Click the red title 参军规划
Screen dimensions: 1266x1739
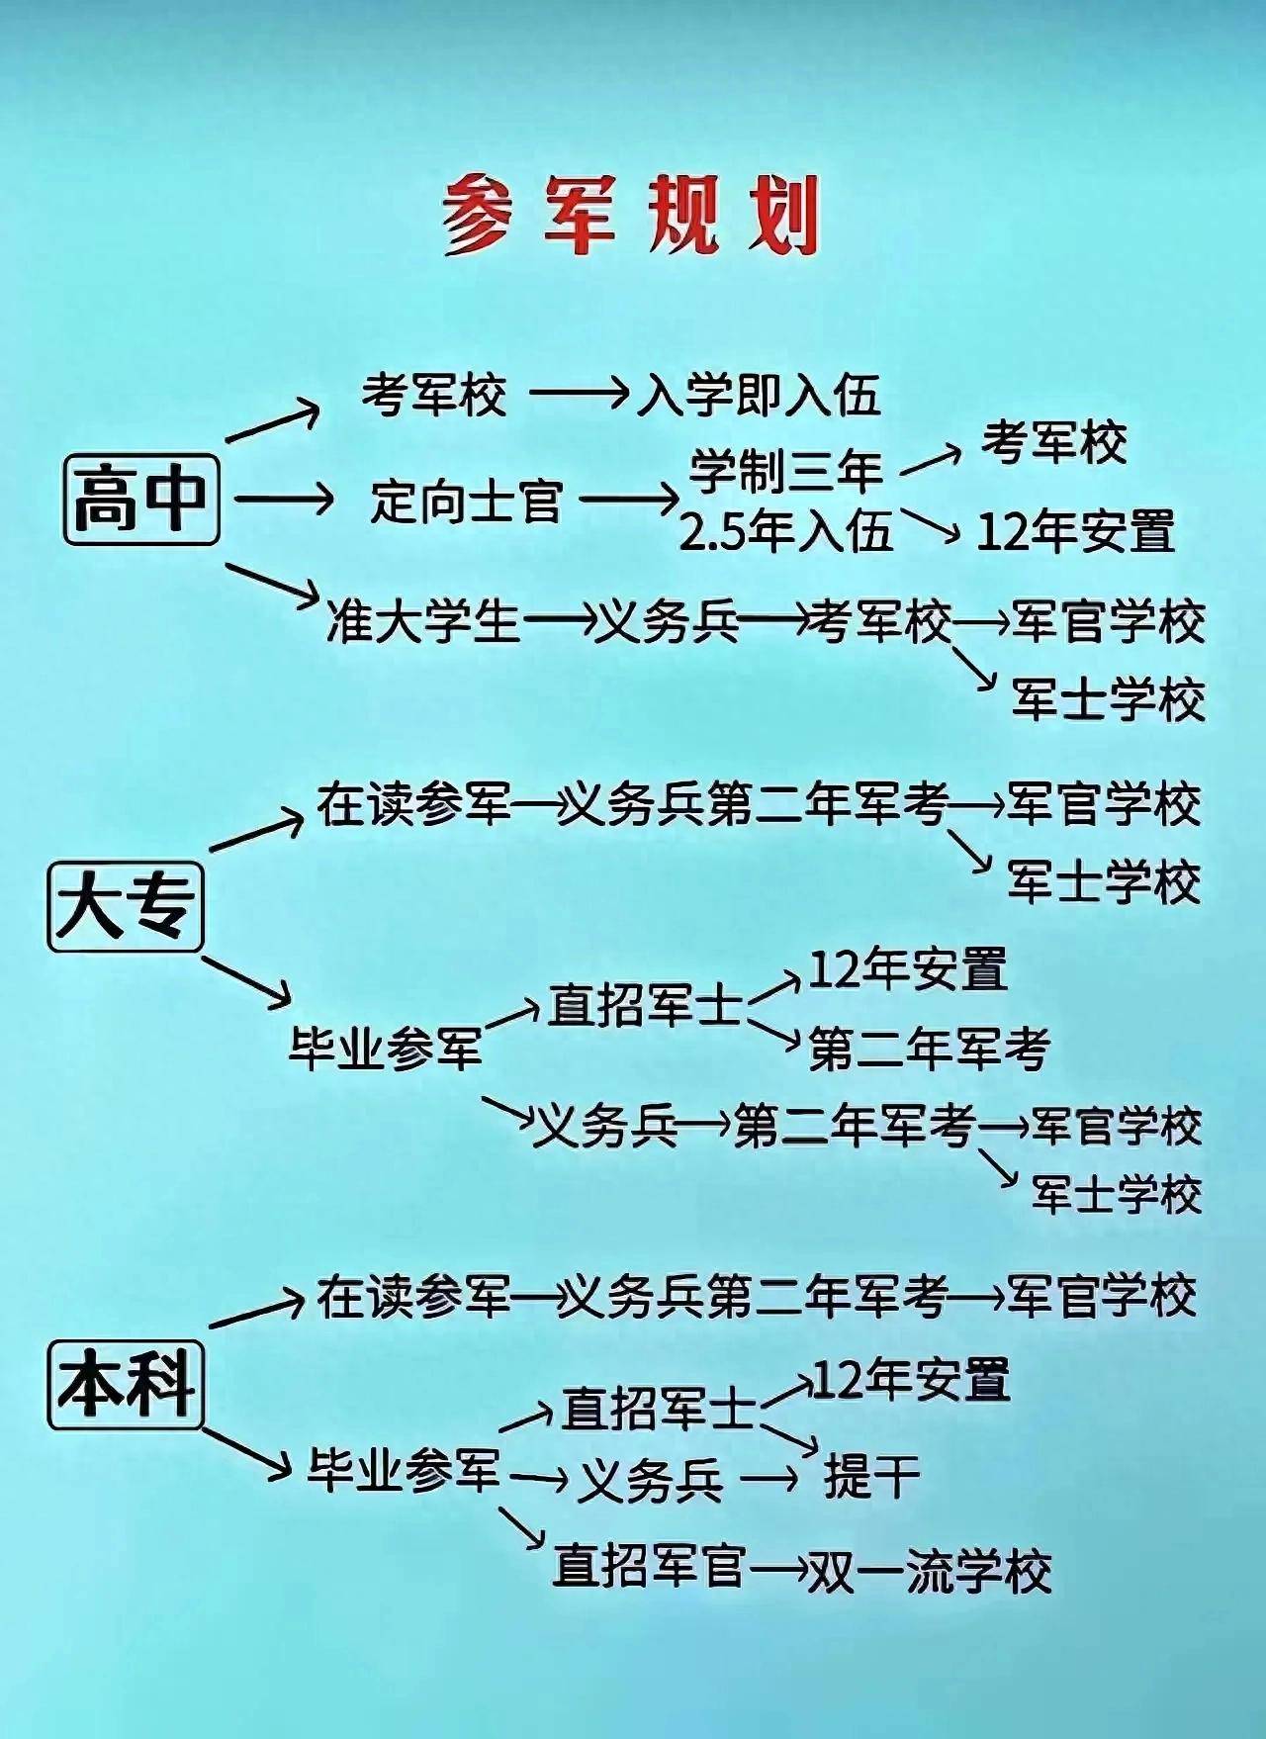point(631,217)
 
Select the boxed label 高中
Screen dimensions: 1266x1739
point(141,499)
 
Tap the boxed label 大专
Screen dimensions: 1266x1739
point(126,907)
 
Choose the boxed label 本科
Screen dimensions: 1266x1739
point(126,1384)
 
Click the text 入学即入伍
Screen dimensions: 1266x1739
point(758,397)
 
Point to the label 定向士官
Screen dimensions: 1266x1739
point(467,501)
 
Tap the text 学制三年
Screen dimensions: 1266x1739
point(786,471)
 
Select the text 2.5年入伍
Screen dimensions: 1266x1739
point(786,531)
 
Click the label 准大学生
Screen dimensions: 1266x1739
point(423,622)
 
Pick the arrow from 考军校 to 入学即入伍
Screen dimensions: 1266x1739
point(581,395)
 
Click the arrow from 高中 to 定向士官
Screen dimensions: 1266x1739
point(285,500)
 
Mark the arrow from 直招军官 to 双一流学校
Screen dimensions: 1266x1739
point(777,1569)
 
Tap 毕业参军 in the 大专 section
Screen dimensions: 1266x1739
point(386,1047)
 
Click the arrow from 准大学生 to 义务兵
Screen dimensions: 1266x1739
point(558,622)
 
